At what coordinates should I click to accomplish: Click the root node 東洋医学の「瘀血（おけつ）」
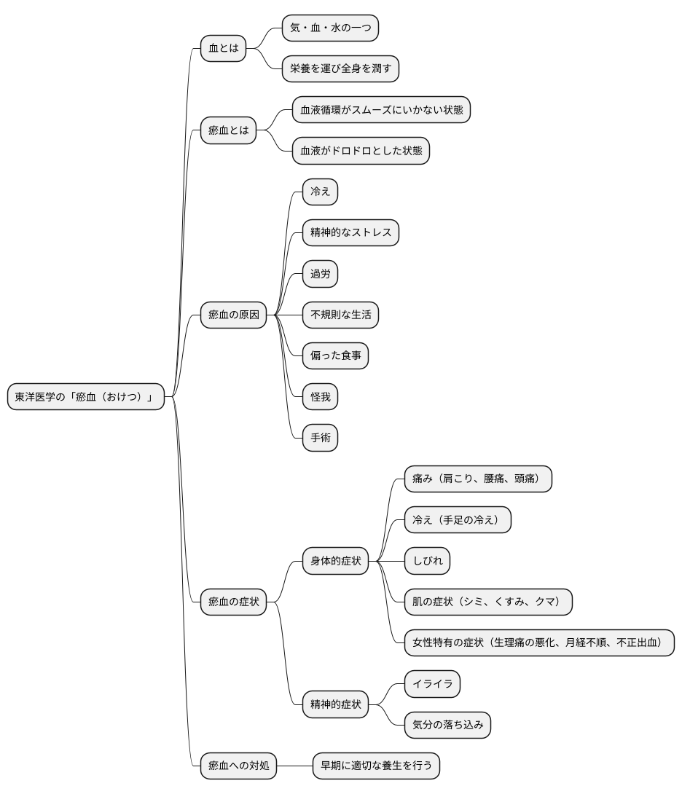click(x=86, y=396)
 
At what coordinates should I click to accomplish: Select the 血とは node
click(x=224, y=48)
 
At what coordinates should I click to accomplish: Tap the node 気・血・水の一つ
click(x=330, y=28)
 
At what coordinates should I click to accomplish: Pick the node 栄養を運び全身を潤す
click(x=340, y=68)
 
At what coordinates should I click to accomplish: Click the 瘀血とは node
click(x=229, y=130)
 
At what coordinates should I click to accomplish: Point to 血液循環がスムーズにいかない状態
click(x=382, y=110)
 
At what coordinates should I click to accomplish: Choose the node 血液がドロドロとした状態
click(x=361, y=150)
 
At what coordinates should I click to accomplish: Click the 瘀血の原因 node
click(x=234, y=315)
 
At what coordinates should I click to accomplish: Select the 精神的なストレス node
click(x=350, y=232)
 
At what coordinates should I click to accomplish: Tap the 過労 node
click(x=320, y=273)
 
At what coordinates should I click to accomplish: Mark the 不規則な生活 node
click(x=340, y=315)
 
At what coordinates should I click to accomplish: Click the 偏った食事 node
click(x=335, y=355)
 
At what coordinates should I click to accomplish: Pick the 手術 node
click(x=320, y=438)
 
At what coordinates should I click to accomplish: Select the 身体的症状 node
click(x=335, y=561)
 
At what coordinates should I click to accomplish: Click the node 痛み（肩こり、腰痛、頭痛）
click(x=478, y=479)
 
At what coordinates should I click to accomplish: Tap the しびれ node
click(x=427, y=561)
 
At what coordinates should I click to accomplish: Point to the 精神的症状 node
click(x=335, y=704)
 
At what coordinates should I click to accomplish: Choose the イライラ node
click(x=432, y=683)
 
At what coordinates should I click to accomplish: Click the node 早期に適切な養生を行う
click(x=377, y=765)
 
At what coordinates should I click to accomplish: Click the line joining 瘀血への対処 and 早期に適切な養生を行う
click(x=295, y=766)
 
